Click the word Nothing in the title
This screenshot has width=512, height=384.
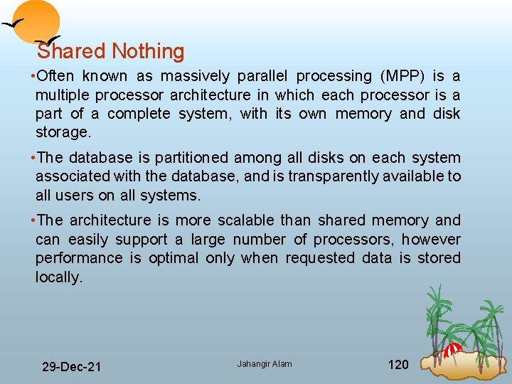(148, 52)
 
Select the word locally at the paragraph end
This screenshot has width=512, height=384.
(58, 277)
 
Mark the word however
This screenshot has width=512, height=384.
(431, 240)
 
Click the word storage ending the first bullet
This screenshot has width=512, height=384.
(63, 132)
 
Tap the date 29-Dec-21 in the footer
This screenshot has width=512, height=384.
(71, 367)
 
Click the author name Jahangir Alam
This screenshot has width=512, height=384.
(265, 364)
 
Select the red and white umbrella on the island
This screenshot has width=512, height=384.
(452, 349)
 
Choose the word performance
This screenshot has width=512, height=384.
(78, 258)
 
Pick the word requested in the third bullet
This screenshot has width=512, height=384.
(319, 258)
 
